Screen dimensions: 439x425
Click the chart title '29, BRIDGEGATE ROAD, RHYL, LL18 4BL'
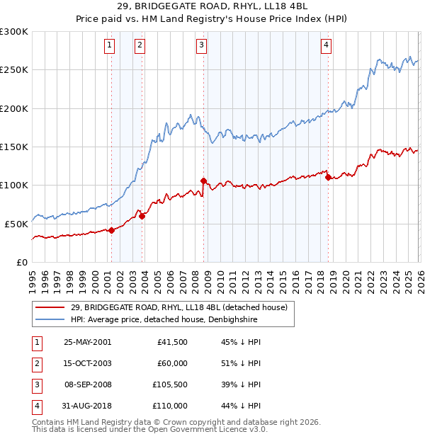point(212,8)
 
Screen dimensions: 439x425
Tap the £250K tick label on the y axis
point(14,70)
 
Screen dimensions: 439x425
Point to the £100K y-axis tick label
point(14,185)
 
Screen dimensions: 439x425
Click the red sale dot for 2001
point(112,230)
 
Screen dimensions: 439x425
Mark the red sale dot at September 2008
point(203,181)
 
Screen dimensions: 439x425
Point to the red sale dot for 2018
point(328,178)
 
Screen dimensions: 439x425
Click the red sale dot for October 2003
point(142,216)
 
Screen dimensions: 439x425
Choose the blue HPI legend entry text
point(164,320)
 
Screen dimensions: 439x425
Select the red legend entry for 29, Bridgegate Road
point(178,307)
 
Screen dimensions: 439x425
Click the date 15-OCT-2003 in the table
point(87,363)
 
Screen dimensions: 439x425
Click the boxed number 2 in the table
point(35,363)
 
